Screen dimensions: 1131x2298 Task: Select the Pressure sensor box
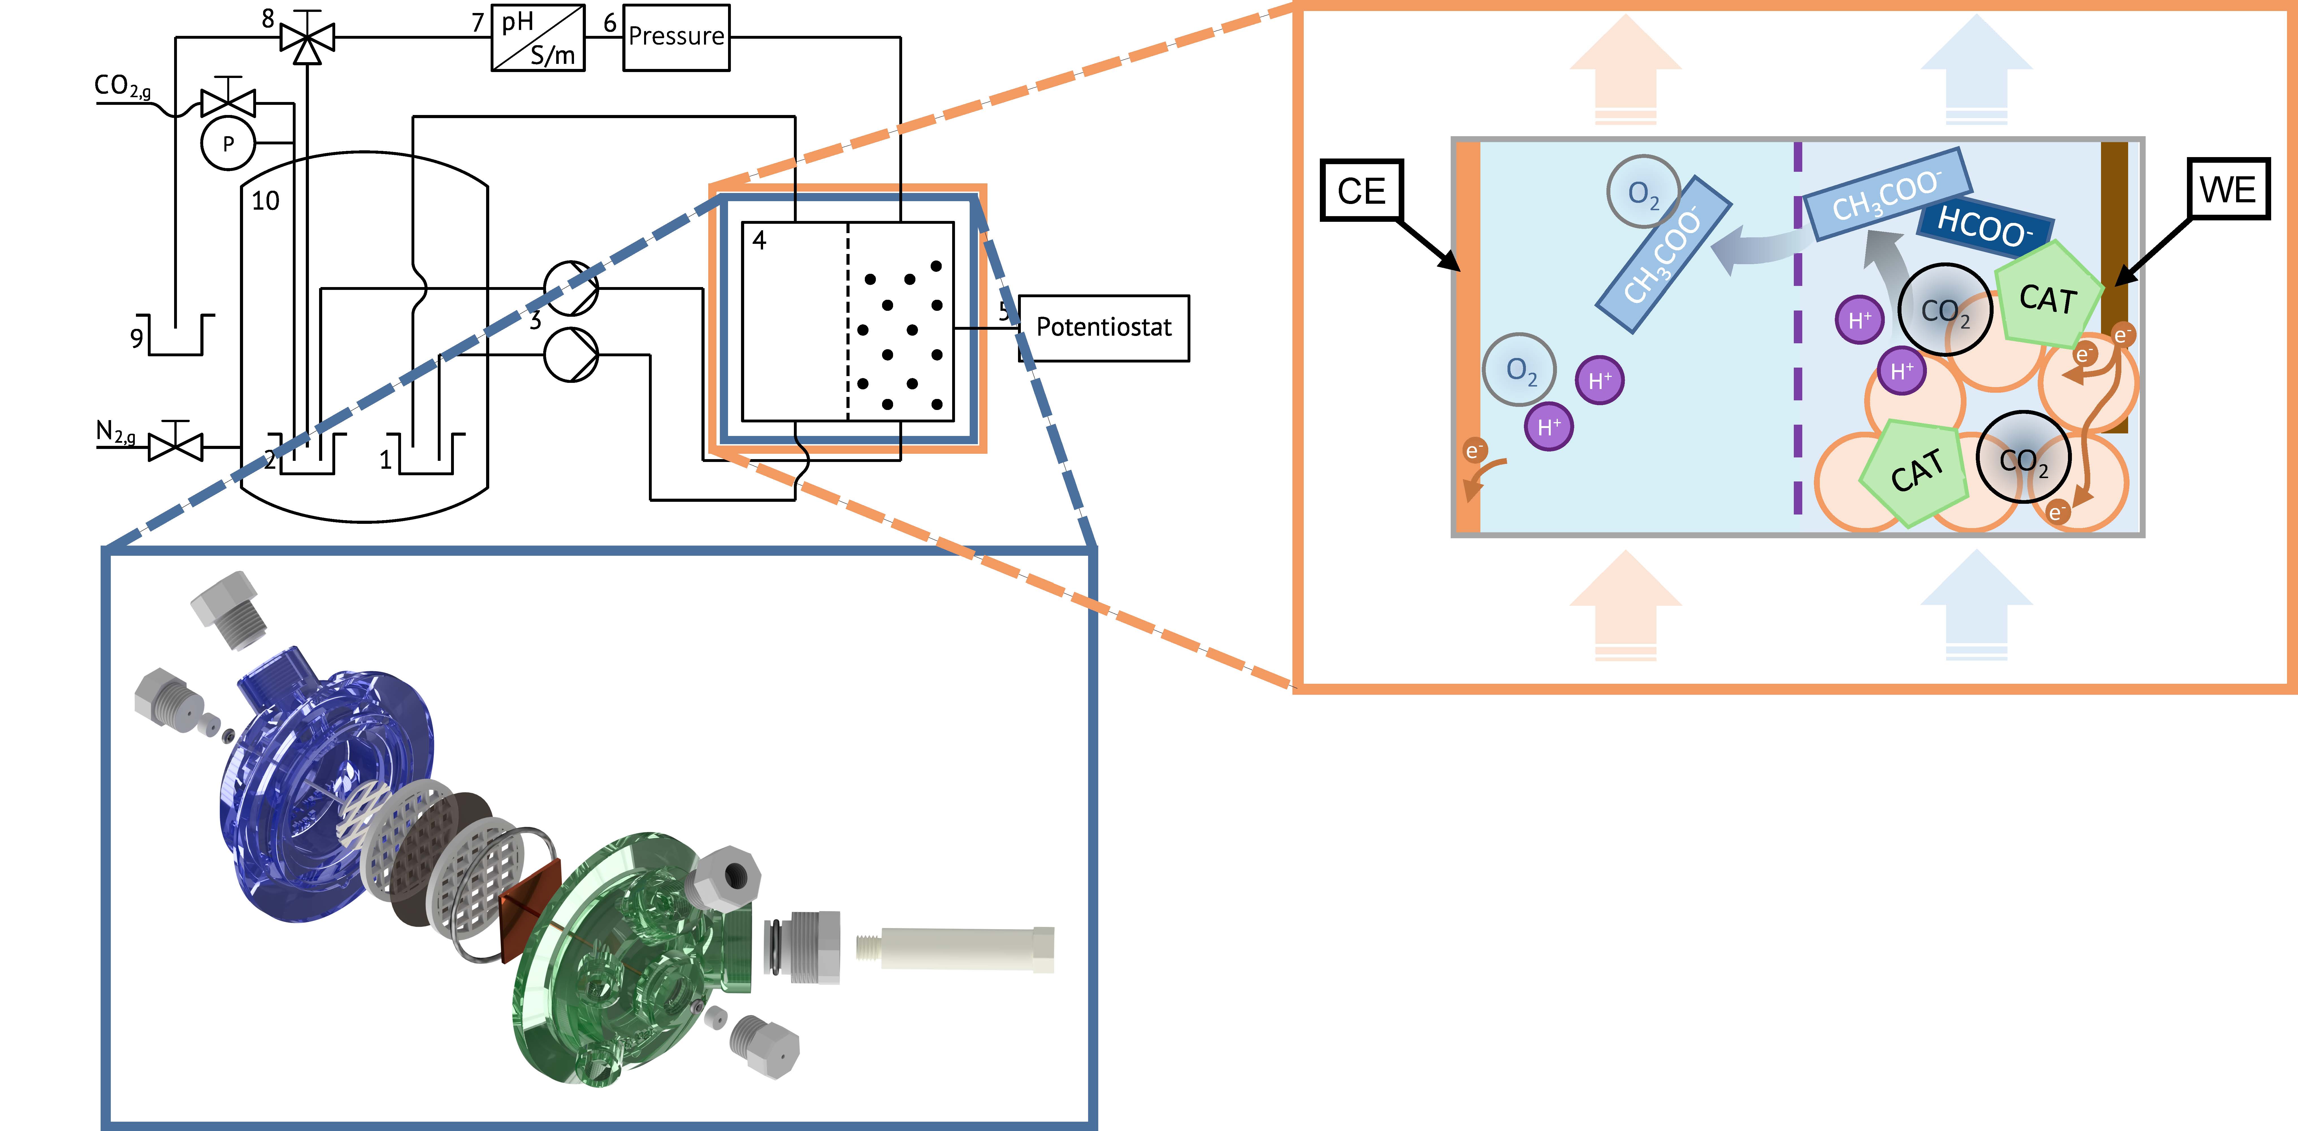coord(676,38)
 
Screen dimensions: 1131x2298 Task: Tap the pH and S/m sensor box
coord(538,38)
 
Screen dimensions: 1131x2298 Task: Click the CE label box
coord(1361,190)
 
